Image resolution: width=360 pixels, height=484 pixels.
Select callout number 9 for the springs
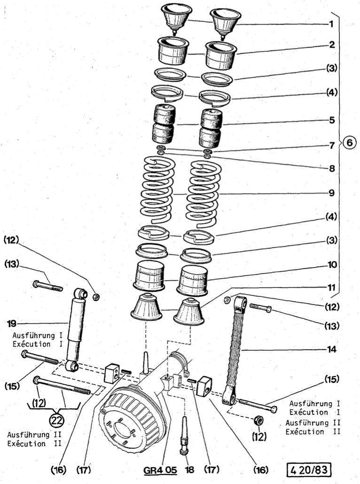[332, 192]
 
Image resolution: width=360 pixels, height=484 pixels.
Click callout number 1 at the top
[332, 23]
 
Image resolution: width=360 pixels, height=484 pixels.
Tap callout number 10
[332, 265]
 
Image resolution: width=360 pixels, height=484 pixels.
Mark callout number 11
[332, 286]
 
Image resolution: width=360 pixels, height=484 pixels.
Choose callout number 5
[332, 120]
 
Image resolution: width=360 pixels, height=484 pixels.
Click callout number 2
[332, 45]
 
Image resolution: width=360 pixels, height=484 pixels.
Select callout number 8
[332, 168]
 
